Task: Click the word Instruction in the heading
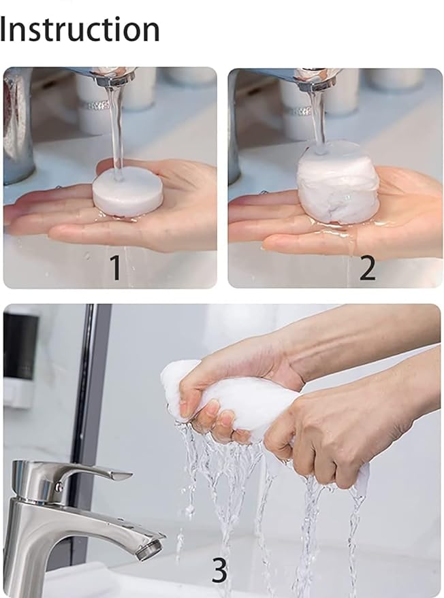pyautogui.click(x=80, y=30)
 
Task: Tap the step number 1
pyautogui.click(x=116, y=267)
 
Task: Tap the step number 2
pyautogui.click(x=367, y=268)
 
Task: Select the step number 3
pyautogui.click(x=219, y=570)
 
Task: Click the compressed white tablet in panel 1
pyautogui.click(x=127, y=193)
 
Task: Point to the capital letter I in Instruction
pyautogui.click(x=4, y=30)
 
